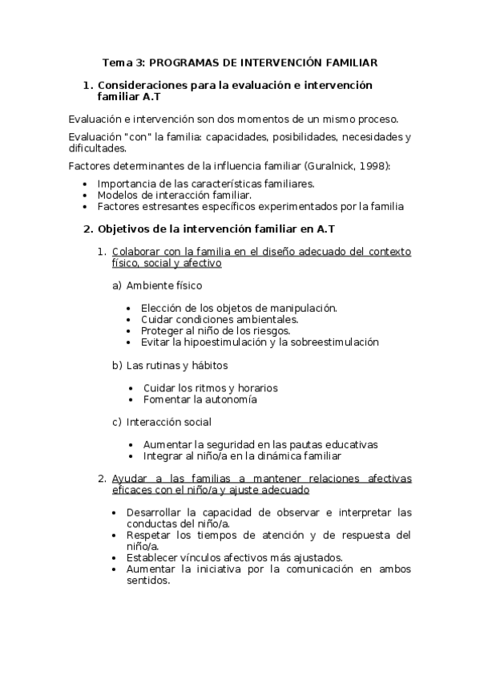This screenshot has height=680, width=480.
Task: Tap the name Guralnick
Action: pos(329,165)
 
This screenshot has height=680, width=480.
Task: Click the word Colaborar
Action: pos(137,251)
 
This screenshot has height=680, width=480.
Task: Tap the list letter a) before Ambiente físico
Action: pos(117,285)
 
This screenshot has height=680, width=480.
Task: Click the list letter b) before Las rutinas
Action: pos(117,365)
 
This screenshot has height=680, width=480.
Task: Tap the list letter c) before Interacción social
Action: pos(117,422)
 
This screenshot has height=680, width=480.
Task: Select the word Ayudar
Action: pos(131,479)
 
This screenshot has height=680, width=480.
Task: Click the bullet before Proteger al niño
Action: pos(131,330)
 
